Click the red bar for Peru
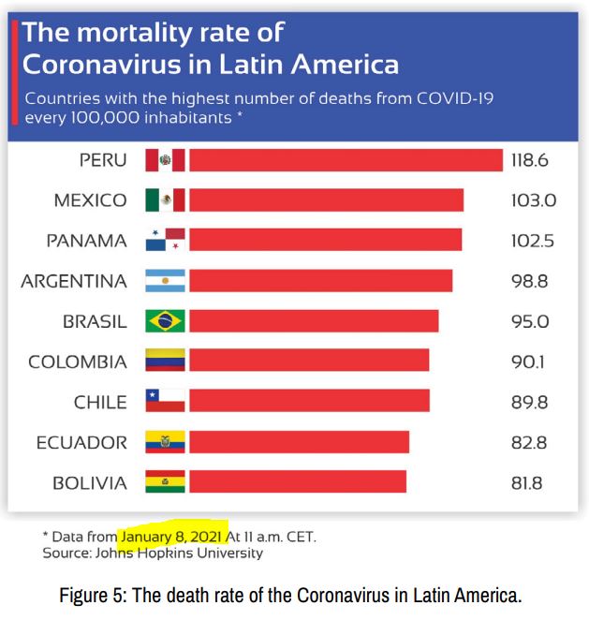pos(346,160)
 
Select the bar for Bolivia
pos(298,482)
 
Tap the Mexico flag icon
pos(166,200)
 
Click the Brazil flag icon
pos(166,321)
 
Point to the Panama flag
pos(166,241)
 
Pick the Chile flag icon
pos(166,402)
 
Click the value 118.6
pos(529,160)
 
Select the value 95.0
pos(530,321)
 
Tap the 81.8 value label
pos(527,483)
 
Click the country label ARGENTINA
pos(74,281)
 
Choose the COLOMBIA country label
pos(78,362)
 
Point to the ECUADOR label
pos(81,442)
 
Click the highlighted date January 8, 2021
pos(172,537)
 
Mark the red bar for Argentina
pos(320,281)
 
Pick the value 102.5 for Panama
pos(533,241)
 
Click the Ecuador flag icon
pos(166,442)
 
